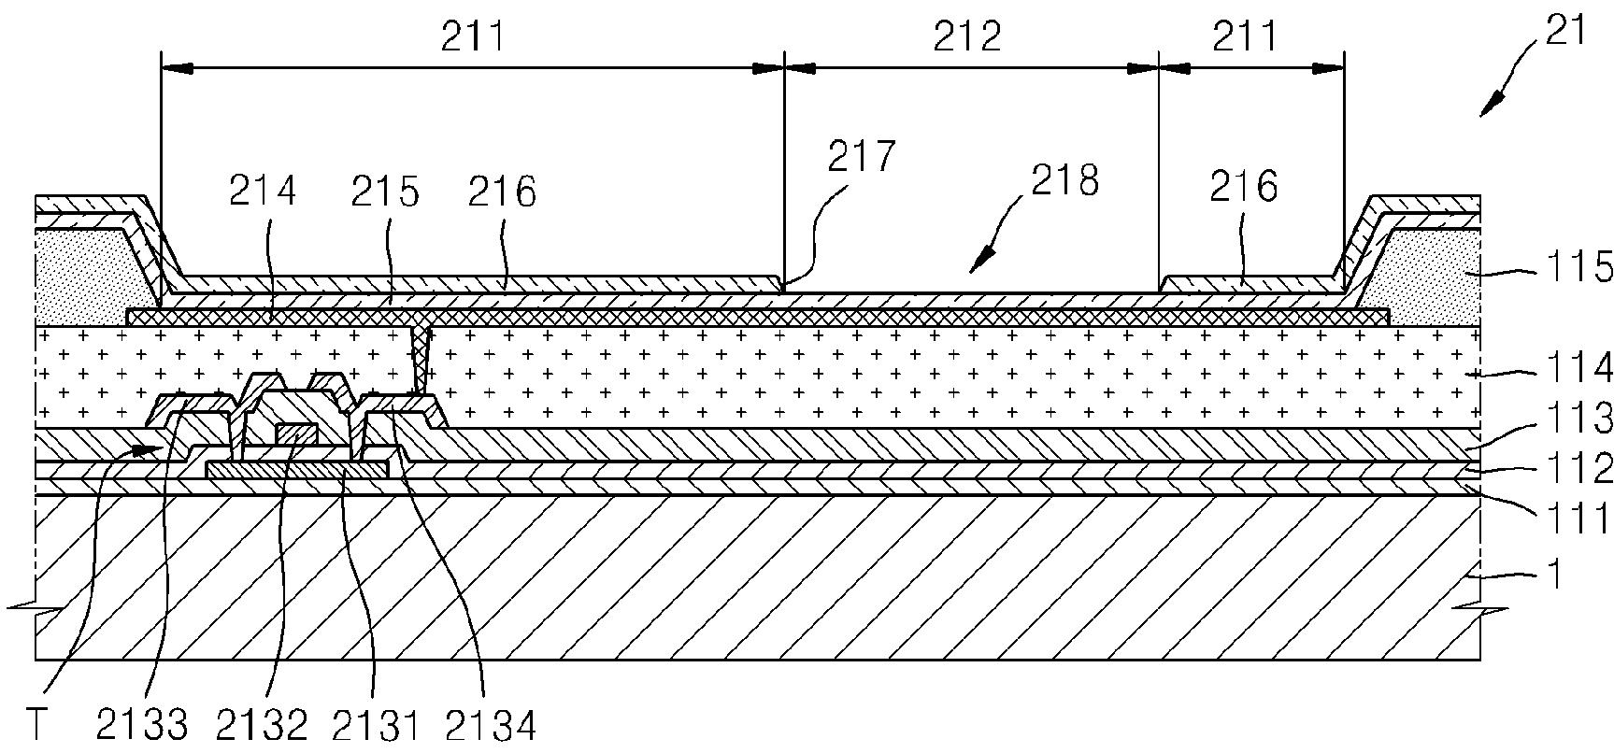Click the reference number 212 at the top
967,37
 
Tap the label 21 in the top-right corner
1565,31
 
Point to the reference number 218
1065,180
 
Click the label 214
263,191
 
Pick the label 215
385,191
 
